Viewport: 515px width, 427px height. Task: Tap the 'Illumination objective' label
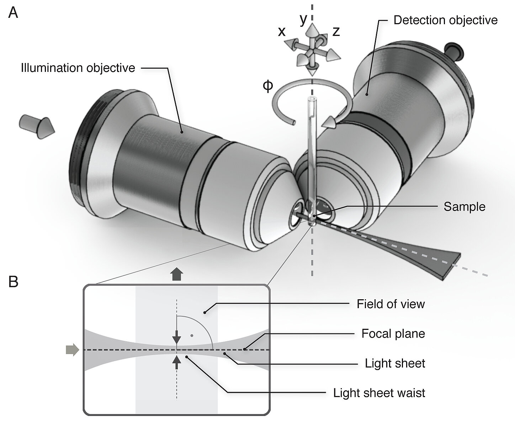(78, 68)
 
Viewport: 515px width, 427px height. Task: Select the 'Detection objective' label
(445, 20)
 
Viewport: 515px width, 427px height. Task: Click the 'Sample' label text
(464, 207)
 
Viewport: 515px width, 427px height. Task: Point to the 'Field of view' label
(391, 304)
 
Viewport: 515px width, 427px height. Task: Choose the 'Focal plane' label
(393, 334)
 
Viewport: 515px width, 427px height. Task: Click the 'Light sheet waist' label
(379, 393)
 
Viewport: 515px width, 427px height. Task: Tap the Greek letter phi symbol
(268, 86)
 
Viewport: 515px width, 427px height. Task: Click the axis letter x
(281, 32)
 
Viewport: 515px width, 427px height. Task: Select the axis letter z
(336, 32)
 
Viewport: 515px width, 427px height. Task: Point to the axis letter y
(303, 20)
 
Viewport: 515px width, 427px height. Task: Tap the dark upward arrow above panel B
(176, 275)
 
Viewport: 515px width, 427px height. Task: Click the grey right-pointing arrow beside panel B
(72, 350)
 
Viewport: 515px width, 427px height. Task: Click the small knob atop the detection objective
(454, 50)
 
